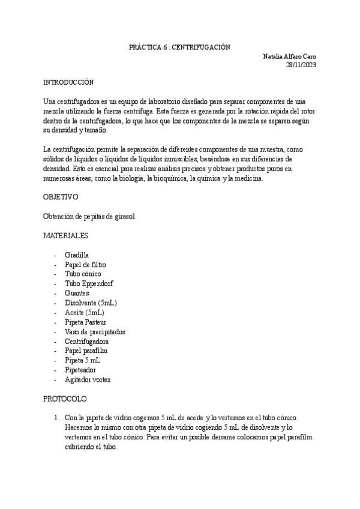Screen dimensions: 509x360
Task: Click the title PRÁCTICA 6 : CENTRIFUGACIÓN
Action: (180, 47)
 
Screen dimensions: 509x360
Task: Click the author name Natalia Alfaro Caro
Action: (290, 56)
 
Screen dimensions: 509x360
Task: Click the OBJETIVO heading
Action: (61, 197)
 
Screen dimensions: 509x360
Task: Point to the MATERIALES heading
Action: (66, 235)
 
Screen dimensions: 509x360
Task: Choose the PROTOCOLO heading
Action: (65, 399)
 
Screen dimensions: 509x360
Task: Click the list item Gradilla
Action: (77, 255)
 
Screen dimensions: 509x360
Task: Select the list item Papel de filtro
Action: (86, 265)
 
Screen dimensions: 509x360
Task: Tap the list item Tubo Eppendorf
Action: (89, 284)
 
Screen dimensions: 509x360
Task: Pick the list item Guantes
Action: (77, 294)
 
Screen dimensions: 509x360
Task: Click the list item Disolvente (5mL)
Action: (91, 303)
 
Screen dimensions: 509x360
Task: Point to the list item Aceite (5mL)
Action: (84, 313)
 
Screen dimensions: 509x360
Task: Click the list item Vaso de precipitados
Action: (95, 332)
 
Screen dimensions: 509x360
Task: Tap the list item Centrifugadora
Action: (86, 342)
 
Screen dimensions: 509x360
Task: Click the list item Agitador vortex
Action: (88, 380)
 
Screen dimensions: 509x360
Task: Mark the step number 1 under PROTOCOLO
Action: (55, 418)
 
